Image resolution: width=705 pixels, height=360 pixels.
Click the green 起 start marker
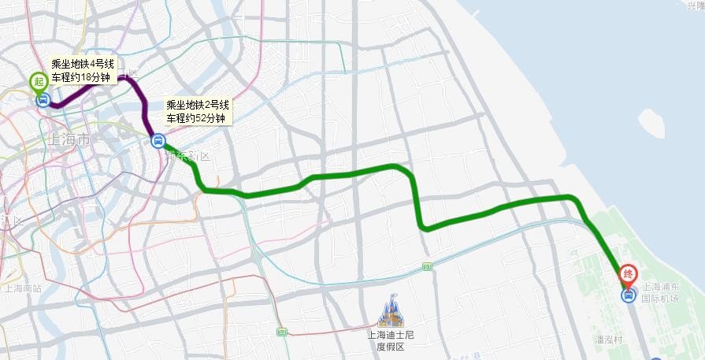(37, 80)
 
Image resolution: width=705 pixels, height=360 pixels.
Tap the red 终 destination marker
(628, 273)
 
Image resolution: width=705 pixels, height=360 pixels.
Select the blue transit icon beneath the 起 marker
(43, 99)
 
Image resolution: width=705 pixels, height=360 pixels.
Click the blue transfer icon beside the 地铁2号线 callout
(158, 141)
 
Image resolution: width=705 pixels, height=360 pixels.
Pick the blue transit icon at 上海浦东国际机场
(628, 295)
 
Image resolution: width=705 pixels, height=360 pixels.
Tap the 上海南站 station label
(22, 288)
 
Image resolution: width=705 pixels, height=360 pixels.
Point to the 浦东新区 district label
(190, 156)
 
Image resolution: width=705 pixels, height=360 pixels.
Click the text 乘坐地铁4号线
(83, 64)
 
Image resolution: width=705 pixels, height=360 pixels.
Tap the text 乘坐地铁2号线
(196, 106)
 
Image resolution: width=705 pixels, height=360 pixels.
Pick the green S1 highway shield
(427, 267)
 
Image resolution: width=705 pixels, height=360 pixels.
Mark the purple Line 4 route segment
(136, 91)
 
